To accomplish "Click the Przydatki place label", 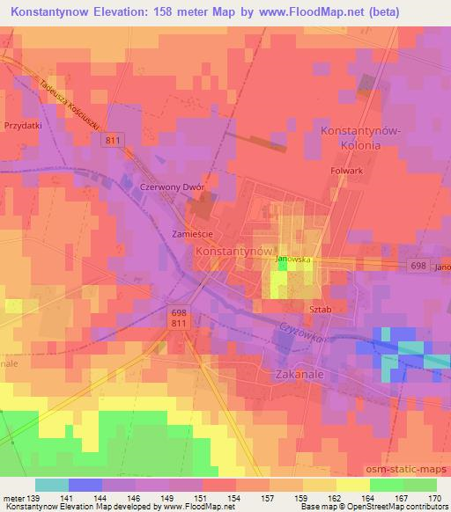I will (x=24, y=126).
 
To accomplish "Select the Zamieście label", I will (x=191, y=233).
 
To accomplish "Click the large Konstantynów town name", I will (x=230, y=251).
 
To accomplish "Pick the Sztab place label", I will (x=321, y=310).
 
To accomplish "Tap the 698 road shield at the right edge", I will (x=418, y=266).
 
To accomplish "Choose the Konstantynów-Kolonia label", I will (x=362, y=137).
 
